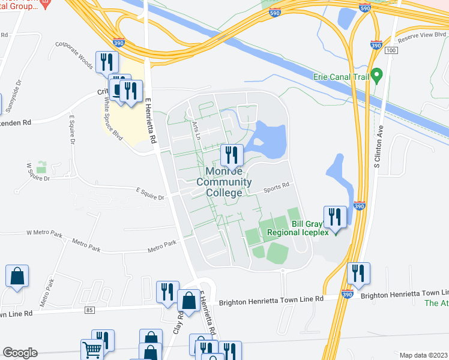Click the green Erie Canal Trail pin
377,76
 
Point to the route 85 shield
90,310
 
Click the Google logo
20,353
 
